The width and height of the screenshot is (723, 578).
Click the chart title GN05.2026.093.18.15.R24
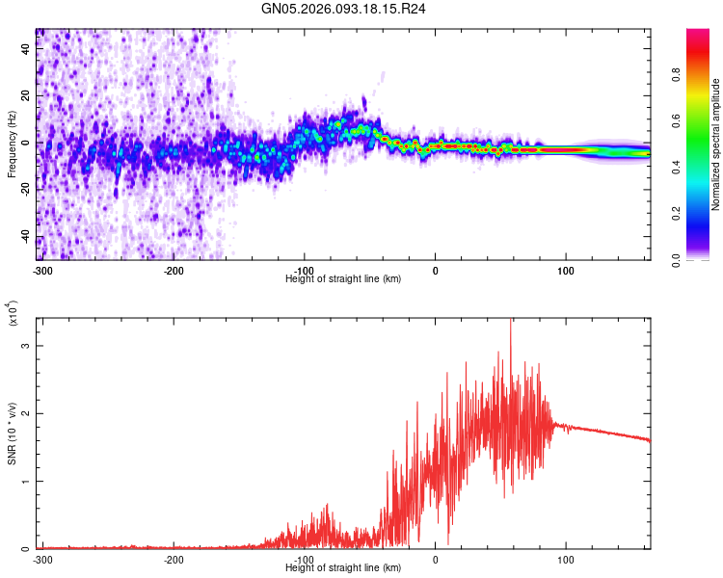click(x=343, y=9)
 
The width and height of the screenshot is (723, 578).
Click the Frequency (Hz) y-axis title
click(x=12, y=144)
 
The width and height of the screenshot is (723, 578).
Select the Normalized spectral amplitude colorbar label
click(x=716, y=144)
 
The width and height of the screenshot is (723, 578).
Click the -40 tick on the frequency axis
click(x=25, y=237)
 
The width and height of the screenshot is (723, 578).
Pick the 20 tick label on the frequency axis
click(x=25, y=96)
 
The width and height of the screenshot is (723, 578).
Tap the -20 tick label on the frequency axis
click(x=25, y=190)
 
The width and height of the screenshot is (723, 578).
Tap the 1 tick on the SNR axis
click(x=26, y=481)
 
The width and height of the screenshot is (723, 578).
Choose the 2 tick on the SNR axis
click(x=26, y=413)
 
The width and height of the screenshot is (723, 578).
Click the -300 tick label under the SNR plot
click(x=41, y=559)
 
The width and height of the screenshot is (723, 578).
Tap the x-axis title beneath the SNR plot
click(x=343, y=567)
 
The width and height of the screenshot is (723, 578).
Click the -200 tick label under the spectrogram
click(x=173, y=270)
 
